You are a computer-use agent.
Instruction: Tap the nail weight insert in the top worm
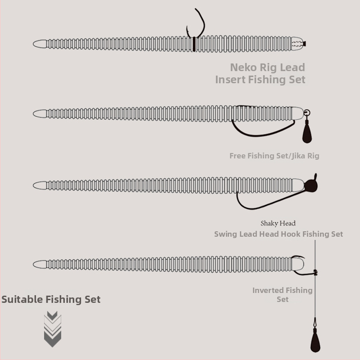pyautogui.click(x=299, y=44)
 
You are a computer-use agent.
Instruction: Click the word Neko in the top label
pyautogui.click(x=243, y=67)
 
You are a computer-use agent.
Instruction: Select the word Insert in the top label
pyautogui.click(x=230, y=80)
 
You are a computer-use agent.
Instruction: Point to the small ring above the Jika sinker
pyautogui.click(x=307, y=113)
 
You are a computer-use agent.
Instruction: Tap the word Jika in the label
pyautogui.click(x=299, y=156)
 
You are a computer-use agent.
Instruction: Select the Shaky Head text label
pyautogui.click(x=278, y=223)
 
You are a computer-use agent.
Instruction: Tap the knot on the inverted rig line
pyautogui.click(x=316, y=272)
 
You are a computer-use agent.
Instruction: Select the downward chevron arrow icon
pyautogui.click(x=53, y=329)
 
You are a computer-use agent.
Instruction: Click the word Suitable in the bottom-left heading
pyautogui.click(x=22, y=299)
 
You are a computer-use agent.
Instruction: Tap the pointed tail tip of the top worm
pyautogui.click(x=33, y=44)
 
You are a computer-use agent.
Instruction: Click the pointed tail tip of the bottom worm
pyautogui.click(x=33, y=264)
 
